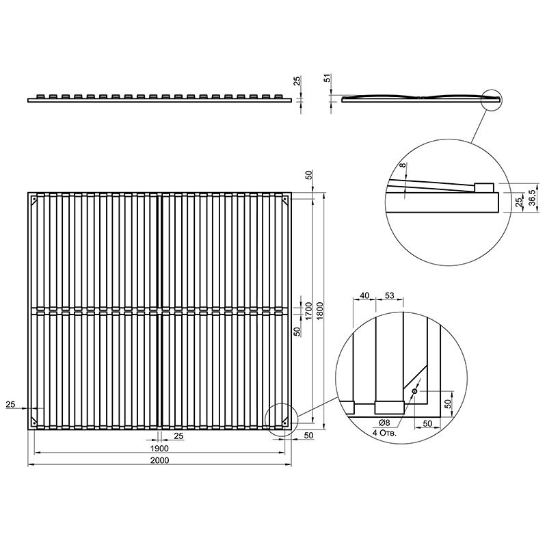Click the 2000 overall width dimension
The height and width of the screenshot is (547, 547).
tap(160, 460)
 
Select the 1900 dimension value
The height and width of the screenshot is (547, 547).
tap(160, 449)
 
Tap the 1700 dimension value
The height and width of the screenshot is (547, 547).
tap(308, 311)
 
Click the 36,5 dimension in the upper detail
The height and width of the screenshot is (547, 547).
tap(533, 198)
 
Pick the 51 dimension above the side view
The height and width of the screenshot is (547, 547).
tap(328, 78)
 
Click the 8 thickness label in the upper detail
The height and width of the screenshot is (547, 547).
tap(403, 165)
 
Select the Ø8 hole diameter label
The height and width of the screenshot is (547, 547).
tap(384, 423)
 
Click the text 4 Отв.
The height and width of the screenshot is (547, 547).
tap(384, 433)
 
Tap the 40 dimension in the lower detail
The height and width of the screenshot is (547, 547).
tap(364, 295)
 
